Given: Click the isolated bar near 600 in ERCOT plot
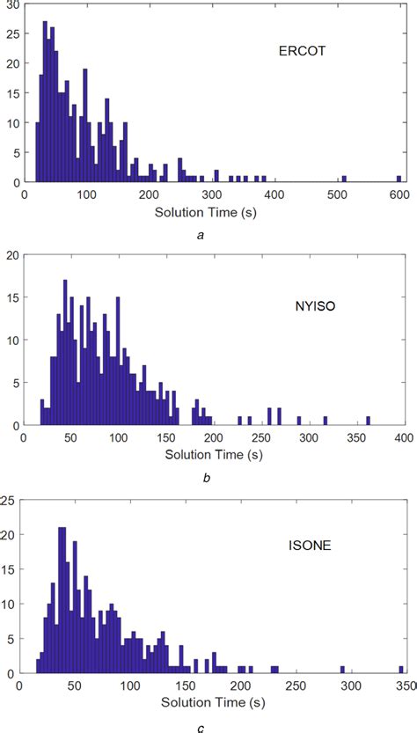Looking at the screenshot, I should (x=399, y=179).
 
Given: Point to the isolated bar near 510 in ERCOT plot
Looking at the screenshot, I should (x=344, y=179).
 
